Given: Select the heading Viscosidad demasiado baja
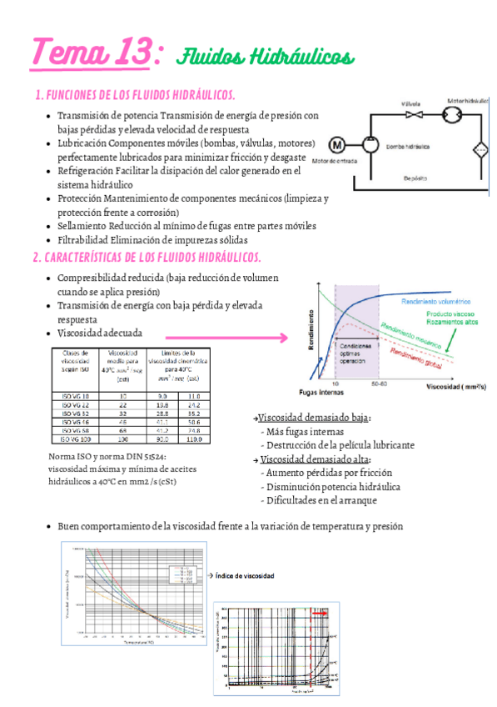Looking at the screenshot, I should [x=314, y=418].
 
